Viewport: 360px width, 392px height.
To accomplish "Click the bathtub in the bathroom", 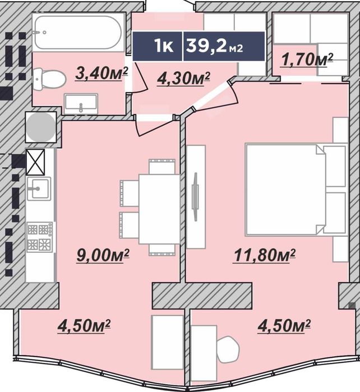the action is (x=79, y=33).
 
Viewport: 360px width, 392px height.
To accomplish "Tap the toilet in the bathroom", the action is (x=49, y=79).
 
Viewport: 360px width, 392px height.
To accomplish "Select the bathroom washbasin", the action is (x=81, y=104).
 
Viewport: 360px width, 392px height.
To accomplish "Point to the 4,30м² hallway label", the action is (x=183, y=79).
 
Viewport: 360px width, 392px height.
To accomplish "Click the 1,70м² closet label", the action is (x=307, y=60).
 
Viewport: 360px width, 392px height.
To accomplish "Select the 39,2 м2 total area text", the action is (x=214, y=46).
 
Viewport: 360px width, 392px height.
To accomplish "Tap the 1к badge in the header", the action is (x=164, y=46).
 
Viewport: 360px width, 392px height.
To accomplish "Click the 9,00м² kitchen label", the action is (x=103, y=256).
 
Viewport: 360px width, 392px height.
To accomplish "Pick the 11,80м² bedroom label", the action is (x=264, y=256).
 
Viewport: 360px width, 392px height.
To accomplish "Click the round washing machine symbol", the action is (x=41, y=127).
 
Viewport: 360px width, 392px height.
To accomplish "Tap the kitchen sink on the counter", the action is (x=39, y=188).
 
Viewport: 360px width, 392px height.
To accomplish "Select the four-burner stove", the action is (x=40, y=237).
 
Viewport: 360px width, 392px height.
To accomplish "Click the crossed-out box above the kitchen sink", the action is (x=35, y=162).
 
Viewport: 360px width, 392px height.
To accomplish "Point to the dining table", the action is (x=159, y=209).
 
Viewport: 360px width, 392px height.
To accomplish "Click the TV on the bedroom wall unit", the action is (x=195, y=197).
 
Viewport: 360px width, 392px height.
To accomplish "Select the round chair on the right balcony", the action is (x=228, y=349).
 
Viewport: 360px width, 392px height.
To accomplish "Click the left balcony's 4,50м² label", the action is (x=84, y=326).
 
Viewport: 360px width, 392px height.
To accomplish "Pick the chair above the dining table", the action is (x=161, y=166).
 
